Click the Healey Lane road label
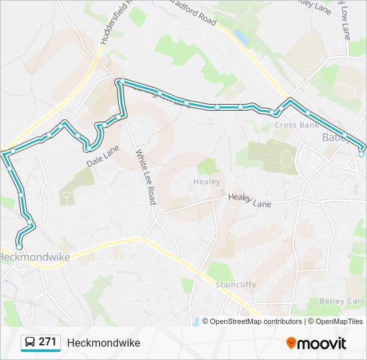point(250,200)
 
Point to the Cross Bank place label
point(296,125)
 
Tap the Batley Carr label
point(342,301)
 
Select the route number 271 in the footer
point(47,342)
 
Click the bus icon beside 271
point(30,343)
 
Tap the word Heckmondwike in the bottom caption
point(103,343)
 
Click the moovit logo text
point(322,343)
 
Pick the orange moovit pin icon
point(291,343)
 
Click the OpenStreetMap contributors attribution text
point(256,321)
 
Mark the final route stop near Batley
point(361,154)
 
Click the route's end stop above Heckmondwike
point(19,247)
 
